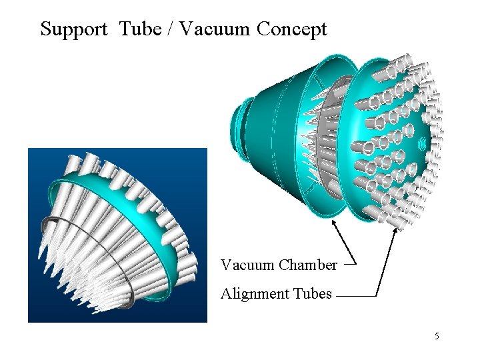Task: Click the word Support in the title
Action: (x=73, y=29)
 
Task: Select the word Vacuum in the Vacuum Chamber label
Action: (x=247, y=265)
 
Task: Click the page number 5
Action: (x=437, y=336)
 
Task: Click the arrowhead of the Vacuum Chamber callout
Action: (x=334, y=223)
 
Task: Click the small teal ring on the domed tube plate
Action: (x=423, y=143)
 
